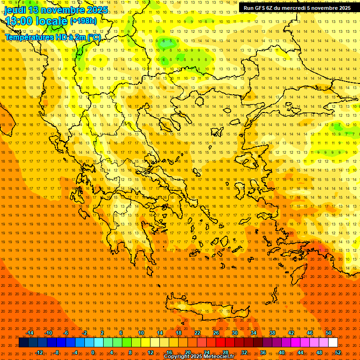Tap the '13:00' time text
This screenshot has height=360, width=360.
[x=20, y=21]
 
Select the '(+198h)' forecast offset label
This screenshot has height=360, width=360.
[x=83, y=21]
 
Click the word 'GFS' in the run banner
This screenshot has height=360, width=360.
[x=261, y=8]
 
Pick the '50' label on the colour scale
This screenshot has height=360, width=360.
[x=329, y=333]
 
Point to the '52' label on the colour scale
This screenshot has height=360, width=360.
[x=338, y=352]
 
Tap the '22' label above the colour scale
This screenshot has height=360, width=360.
[x=197, y=333]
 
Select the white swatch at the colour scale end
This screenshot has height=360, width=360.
[x=333, y=343]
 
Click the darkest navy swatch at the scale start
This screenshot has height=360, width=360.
[x=23, y=343]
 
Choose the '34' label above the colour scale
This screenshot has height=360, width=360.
[x=254, y=333]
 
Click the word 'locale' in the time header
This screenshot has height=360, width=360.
[x=52, y=21]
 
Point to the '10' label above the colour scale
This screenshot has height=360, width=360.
[x=141, y=333]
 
